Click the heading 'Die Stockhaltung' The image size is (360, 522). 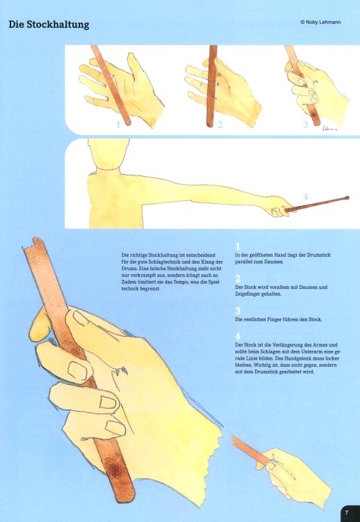point(49,25)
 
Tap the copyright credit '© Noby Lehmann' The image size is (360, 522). point(320,22)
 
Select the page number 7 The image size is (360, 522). point(347,512)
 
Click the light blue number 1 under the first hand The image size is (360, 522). point(118,125)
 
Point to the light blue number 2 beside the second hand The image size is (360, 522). point(220,125)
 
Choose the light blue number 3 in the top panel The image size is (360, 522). point(306,125)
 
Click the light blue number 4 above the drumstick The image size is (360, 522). point(306,197)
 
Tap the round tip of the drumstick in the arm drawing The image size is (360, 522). point(347,198)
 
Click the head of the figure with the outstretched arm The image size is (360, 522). point(109,154)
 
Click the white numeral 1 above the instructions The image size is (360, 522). point(237,246)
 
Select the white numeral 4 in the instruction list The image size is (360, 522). point(237,337)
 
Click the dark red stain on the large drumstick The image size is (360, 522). point(115,470)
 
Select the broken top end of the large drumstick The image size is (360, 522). point(34,242)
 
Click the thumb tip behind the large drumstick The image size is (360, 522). point(38,325)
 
